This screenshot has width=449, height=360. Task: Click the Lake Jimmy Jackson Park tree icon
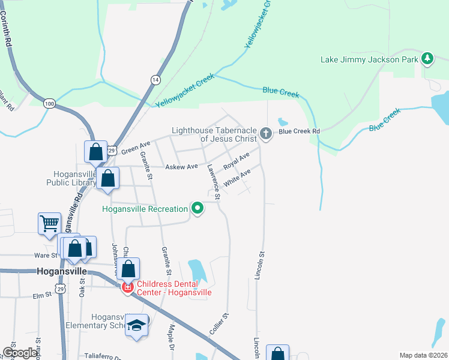[x=427, y=59]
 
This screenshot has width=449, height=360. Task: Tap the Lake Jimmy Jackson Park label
[x=369, y=59]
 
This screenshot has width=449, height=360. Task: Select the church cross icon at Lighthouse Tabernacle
[x=265, y=134]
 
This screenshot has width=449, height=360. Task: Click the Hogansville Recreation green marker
[x=197, y=209]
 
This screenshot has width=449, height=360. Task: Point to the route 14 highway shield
[x=155, y=79]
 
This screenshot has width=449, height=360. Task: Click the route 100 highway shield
[x=49, y=104]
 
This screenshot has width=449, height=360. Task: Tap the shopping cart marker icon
[x=49, y=223]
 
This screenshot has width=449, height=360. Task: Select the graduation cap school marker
[x=136, y=325]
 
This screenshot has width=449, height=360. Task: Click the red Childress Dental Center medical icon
[x=127, y=288]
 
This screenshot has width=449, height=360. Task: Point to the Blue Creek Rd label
[x=299, y=131]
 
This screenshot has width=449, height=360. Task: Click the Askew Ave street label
[x=181, y=166]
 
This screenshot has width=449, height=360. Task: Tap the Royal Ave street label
[x=236, y=161]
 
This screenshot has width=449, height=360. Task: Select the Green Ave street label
[x=136, y=148]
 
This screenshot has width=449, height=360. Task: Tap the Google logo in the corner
[x=20, y=353]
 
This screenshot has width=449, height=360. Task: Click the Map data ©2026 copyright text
[x=423, y=355]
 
